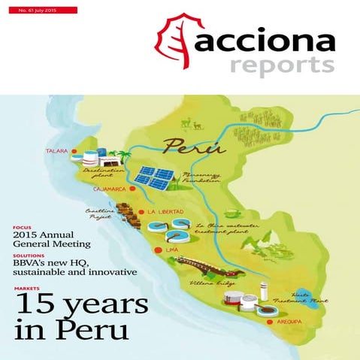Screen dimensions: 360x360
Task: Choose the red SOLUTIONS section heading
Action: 29,256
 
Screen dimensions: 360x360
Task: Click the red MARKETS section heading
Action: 27,288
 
